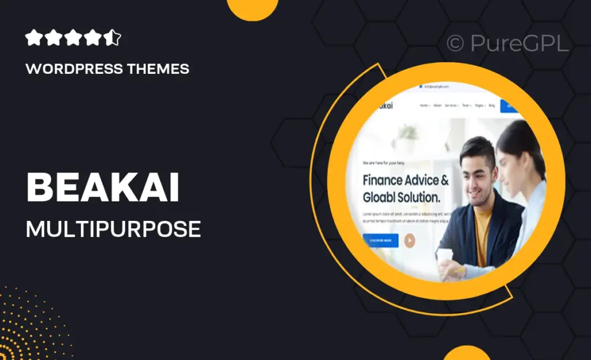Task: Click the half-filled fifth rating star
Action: (114, 39)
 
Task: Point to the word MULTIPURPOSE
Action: (113, 229)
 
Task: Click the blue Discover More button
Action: (380, 240)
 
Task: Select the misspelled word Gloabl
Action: (383, 197)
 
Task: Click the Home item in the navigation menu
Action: (425, 106)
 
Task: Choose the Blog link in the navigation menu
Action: (492, 106)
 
